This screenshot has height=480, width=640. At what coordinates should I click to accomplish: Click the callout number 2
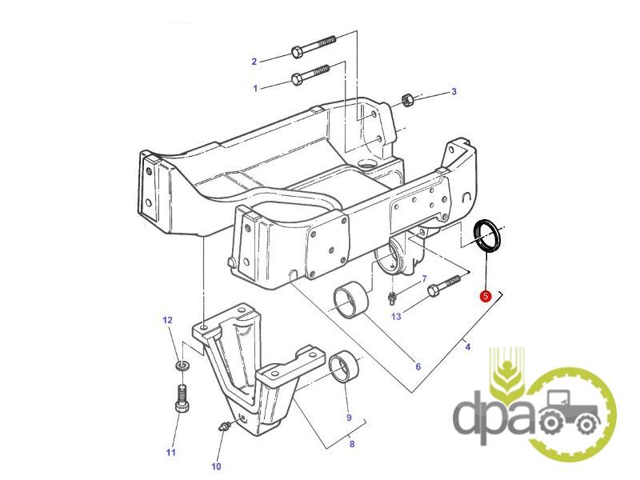point(254,62)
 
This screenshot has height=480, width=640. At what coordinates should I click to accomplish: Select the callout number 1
point(256,88)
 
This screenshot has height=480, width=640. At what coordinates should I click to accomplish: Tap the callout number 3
point(454,92)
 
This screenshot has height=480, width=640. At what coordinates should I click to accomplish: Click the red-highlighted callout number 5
point(485,296)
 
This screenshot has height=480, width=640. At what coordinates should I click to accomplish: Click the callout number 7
point(424,278)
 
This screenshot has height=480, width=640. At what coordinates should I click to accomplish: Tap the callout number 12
point(168,321)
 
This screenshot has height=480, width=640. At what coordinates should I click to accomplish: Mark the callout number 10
point(216,466)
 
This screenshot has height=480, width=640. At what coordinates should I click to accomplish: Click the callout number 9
point(349,417)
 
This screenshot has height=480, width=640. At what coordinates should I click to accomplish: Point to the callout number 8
point(351,445)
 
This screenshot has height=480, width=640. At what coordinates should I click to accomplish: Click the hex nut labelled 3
point(406,100)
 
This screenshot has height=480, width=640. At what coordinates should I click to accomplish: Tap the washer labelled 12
point(182,366)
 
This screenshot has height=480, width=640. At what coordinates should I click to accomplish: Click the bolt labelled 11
point(182,398)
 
